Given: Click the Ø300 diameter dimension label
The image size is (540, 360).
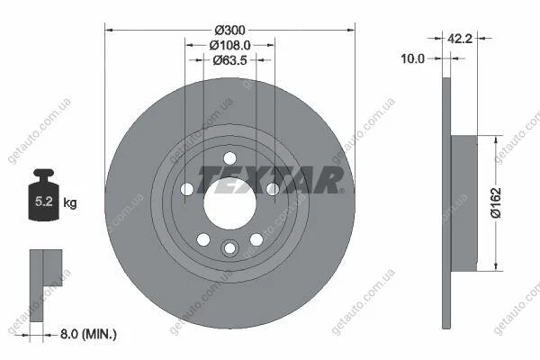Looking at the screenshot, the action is click(229, 31).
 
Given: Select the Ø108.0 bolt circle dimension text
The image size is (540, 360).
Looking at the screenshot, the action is click(229, 45).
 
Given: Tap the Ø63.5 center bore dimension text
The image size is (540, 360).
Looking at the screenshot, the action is click(229, 60).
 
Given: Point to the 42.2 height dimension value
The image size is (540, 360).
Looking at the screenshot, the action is click(460, 38).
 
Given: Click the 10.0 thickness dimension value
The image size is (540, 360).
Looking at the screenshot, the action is click(412, 58).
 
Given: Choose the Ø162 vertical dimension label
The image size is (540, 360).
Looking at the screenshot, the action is click(496, 202).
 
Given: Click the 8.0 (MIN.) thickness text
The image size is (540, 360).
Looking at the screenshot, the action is click(88, 334).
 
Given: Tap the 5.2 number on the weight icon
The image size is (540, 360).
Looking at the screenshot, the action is click(44, 202).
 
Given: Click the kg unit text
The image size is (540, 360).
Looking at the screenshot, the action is click(70, 202).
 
